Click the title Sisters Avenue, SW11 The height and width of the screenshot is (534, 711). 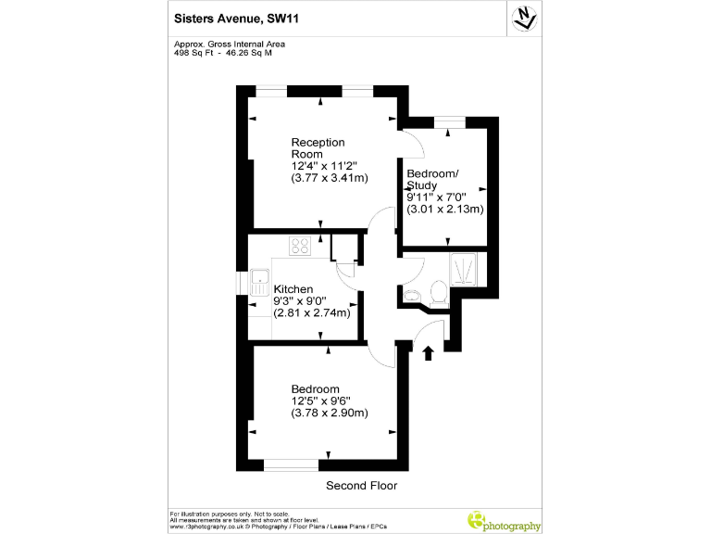click(230, 17)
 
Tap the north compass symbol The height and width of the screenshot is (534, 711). click(524, 18)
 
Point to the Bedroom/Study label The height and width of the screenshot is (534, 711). click(432, 180)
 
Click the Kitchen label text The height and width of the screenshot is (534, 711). click(293, 289)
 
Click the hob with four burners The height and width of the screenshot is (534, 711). click(301, 246)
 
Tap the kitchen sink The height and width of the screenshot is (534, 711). click(258, 280)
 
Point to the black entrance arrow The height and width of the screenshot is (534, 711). click(428, 353)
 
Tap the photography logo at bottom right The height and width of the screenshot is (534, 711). click(504, 522)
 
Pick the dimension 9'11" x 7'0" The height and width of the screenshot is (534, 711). click(438, 197)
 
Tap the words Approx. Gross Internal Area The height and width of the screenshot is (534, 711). click(230, 44)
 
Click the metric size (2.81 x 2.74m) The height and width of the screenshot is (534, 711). click(312, 312)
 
